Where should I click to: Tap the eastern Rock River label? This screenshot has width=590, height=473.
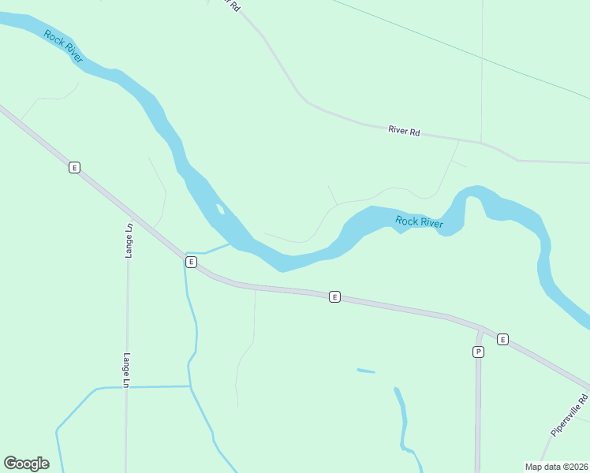pos(419,222)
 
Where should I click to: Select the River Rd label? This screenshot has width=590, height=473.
pos(404,130)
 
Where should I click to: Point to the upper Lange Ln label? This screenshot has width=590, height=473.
pos(129,241)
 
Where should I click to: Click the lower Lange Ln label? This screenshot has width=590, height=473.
pos(125,369)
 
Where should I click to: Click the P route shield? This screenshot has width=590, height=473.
pos(478,352)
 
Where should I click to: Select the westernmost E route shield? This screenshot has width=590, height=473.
pos(74,167)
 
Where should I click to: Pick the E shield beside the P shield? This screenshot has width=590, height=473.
pos(502,340)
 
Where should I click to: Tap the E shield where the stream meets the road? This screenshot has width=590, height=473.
pos(190,262)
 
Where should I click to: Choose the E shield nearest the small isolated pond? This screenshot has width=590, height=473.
pos(334,297)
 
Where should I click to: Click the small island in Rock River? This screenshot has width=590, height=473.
pos(220,209)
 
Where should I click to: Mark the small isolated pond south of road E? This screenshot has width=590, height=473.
pos(365,371)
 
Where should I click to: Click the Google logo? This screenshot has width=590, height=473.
pos(26,464)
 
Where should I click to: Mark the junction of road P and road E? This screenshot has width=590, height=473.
pos(479,327)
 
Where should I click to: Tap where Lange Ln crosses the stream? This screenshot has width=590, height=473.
pos(126,387)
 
